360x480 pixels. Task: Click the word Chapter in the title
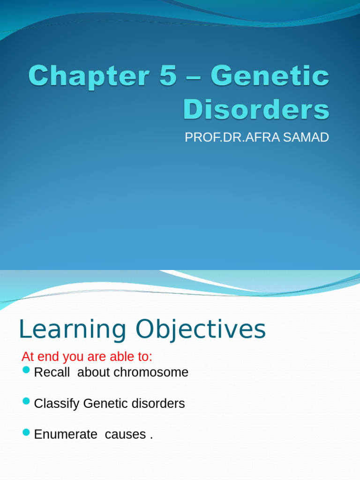(x=87, y=76)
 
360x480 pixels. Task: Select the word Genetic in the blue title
(x=270, y=76)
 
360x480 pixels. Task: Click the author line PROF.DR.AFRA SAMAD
(x=256, y=137)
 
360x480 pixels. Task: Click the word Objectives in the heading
(x=201, y=330)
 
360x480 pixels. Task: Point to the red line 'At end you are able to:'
(x=87, y=357)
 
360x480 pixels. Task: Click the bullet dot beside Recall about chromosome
(x=26, y=371)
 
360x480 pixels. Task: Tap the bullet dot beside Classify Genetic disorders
(x=26, y=402)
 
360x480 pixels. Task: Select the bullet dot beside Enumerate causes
(x=26, y=433)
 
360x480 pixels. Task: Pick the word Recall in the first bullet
(x=52, y=372)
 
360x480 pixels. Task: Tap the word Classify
(x=57, y=404)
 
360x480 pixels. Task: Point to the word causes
(x=125, y=435)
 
